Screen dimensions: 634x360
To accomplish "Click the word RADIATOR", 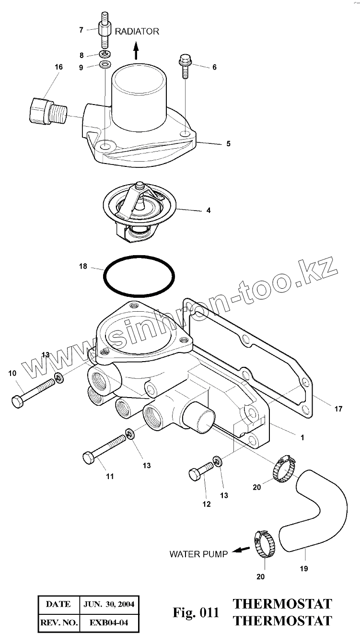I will [x=137, y=31].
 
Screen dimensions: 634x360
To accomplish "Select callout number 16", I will [x=58, y=67].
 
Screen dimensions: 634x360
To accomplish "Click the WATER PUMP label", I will [x=198, y=554].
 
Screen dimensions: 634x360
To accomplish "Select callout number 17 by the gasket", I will [x=338, y=409].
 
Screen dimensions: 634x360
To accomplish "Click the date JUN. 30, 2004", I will [x=108, y=604].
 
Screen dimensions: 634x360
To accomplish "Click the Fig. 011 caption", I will [x=196, y=612].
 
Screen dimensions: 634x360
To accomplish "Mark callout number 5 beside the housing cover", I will [x=228, y=143].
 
